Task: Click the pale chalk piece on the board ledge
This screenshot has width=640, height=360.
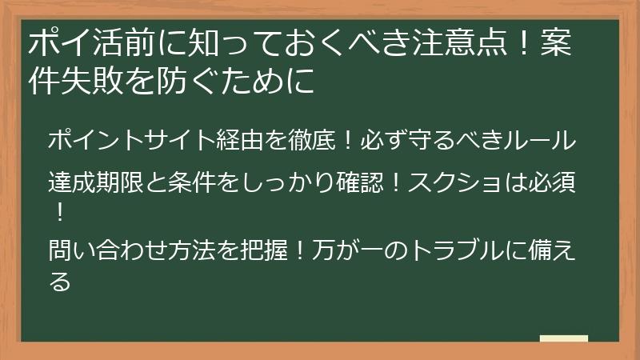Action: tap(563, 338)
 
